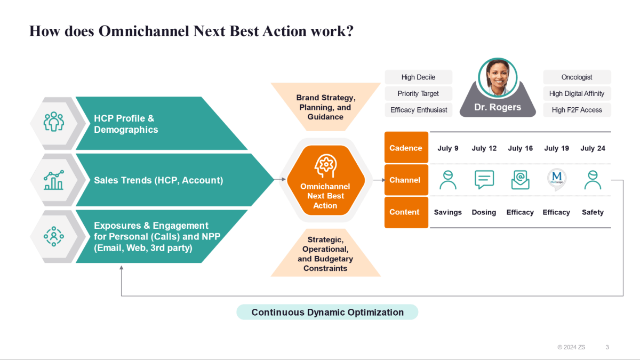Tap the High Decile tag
418,77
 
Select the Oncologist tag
577,77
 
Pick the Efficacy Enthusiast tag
419,110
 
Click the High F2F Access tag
577,110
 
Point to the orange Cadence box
406,148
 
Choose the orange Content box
406,212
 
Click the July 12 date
484,148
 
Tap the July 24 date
593,148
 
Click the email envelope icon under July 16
520,180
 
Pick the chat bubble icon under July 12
484,180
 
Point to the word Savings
447,212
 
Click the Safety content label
593,212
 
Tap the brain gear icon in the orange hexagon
325,166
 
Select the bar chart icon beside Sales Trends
53,180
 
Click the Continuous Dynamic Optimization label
327,313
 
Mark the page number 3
607,347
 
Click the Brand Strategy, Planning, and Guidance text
325,107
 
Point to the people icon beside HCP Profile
53,122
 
